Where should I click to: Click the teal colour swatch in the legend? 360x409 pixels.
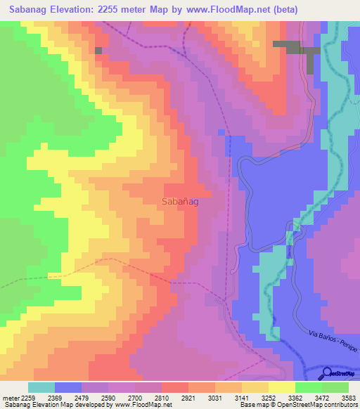[x=41, y=387]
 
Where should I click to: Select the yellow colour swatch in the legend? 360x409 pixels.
[x=281, y=387]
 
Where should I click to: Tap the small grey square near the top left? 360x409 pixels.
[x=98, y=50]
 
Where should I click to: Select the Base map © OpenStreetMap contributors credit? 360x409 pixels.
[x=297, y=405]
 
